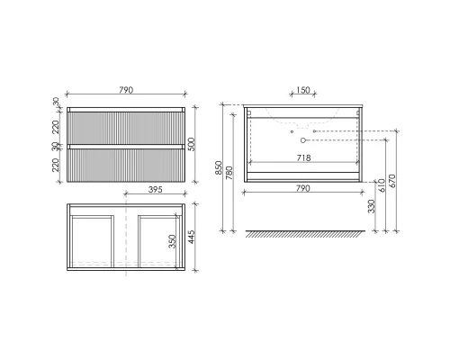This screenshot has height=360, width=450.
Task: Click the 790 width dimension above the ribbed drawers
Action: [x=126, y=90]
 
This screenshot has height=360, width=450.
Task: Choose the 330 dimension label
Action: [x=368, y=206]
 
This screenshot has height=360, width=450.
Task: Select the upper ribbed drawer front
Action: [x=126, y=125]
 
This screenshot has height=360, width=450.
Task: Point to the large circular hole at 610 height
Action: [x=304, y=140]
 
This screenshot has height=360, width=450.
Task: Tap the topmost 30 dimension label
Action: [x=56, y=102]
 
